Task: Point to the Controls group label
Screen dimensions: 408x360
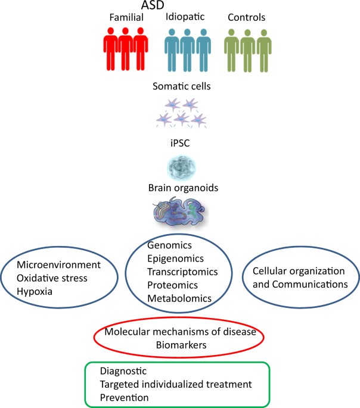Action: click(247, 18)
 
